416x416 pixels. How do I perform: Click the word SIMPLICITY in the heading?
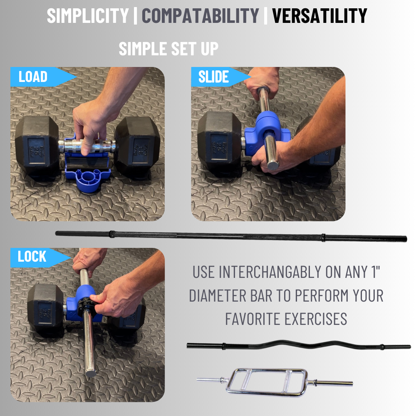click(88, 16)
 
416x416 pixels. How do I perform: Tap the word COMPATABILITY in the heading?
click(200, 16)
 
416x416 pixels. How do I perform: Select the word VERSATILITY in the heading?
click(319, 16)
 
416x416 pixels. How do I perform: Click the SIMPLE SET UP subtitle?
click(168, 49)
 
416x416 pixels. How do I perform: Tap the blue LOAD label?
click(33, 77)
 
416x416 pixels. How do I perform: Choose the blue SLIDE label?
click(213, 77)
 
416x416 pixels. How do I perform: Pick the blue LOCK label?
click(32, 257)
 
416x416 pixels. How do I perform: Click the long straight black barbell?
click(231, 236)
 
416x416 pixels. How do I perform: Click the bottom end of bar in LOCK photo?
click(91, 371)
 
